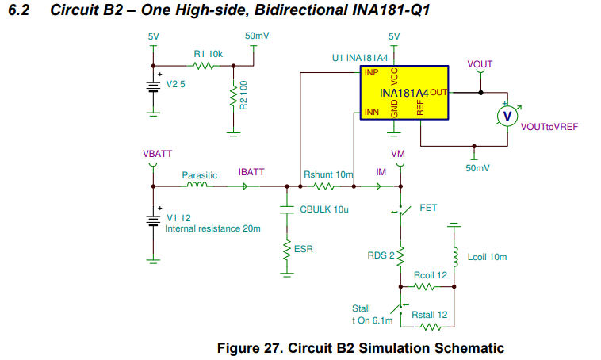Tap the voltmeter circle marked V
(x=507, y=116)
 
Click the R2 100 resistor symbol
(x=233, y=98)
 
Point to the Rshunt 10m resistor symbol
(x=324, y=187)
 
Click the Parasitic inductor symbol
(x=196, y=187)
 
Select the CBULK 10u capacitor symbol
(x=285, y=210)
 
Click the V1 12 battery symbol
(x=151, y=218)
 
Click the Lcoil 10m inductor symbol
(x=454, y=257)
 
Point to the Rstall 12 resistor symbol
(x=427, y=326)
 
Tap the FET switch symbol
(x=400, y=210)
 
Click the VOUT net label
(x=480, y=63)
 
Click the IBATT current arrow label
(x=251, y=172)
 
